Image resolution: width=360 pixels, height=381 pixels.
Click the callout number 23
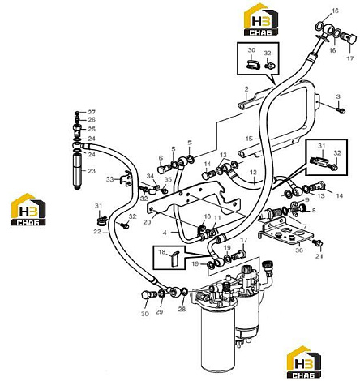(x=92, y=171)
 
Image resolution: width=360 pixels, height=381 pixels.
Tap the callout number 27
(x=92, y=112)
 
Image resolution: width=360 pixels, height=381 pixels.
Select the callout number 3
(x=338, y=96)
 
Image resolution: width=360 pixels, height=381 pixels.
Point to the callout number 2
(x=246, y=88)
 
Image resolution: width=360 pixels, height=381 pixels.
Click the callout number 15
(x=249, y=139)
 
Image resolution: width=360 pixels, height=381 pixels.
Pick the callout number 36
(x=299, y=250)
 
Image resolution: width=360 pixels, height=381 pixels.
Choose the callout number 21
(x=319, y=256)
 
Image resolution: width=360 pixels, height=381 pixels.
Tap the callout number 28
(x=182, y=309)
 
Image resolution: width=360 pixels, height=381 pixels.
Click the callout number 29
(x=159, y=312)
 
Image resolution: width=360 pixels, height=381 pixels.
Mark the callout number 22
(x=97, y=232)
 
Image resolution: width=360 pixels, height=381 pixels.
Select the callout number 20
(x=147, y=222)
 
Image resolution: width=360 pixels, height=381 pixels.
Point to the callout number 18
(x=161, y=252)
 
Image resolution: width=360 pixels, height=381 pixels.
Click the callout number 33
(x=109, y=179)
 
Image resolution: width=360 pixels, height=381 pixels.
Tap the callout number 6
(x=161, y=158)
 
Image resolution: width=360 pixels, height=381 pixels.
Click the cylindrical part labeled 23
(x=77, y=171)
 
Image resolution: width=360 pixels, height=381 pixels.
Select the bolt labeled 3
(x=341, y=110)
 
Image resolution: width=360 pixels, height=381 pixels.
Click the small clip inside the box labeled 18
(x=174, y=259)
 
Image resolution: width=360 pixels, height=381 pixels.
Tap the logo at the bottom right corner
(x=304, y=362)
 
